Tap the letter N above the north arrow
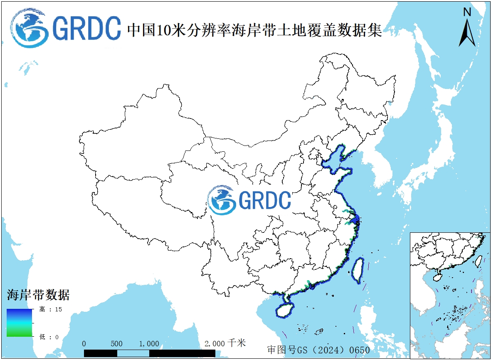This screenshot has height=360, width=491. [467, 12]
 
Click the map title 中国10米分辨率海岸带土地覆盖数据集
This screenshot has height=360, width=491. [254, 30]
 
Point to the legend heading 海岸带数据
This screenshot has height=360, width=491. [38, 295]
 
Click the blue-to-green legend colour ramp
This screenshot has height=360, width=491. [19, 323]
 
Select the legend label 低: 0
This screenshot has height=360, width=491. [49, 337]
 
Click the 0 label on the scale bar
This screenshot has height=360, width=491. [84, 344]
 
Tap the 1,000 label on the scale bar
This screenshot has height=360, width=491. [149, 344]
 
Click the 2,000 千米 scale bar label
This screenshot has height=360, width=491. [225, 343]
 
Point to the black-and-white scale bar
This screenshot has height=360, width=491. [149, 353]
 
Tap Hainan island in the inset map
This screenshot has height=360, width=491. [438, 276]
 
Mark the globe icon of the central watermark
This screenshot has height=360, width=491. [222, 200]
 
